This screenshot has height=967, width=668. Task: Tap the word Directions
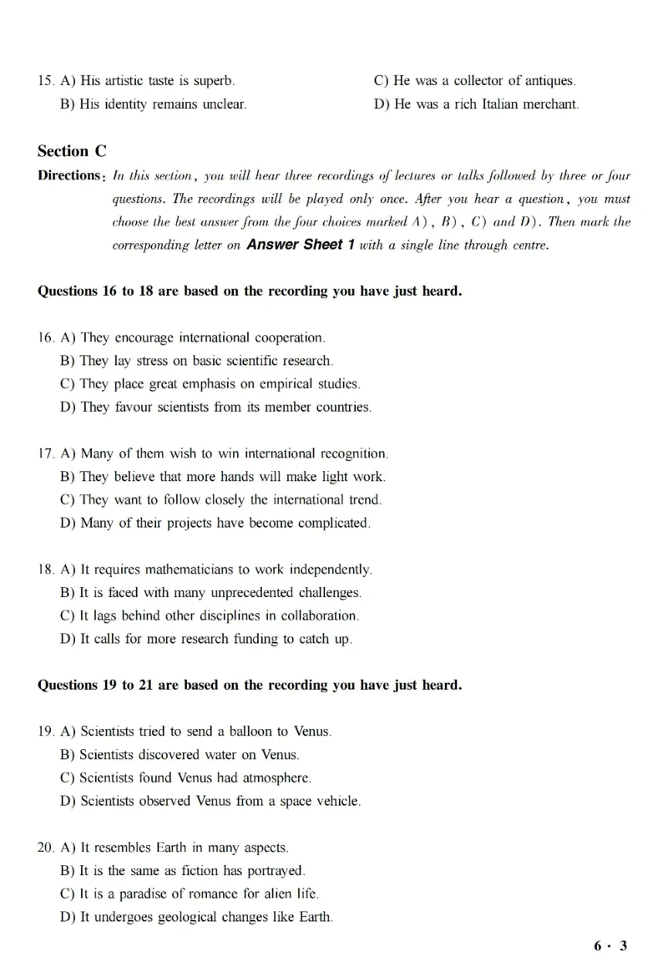point(69,175)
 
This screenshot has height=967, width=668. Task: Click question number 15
point(46,81)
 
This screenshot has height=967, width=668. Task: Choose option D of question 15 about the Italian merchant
point(476,104)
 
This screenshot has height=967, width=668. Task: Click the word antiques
point(549,81)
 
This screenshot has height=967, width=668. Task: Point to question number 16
point(46,338)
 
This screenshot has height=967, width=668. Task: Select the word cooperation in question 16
point(287,338)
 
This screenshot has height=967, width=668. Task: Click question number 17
point(46,454)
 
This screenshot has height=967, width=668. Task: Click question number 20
point(46,848)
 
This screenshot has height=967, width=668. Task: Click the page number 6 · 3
point(610,946)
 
